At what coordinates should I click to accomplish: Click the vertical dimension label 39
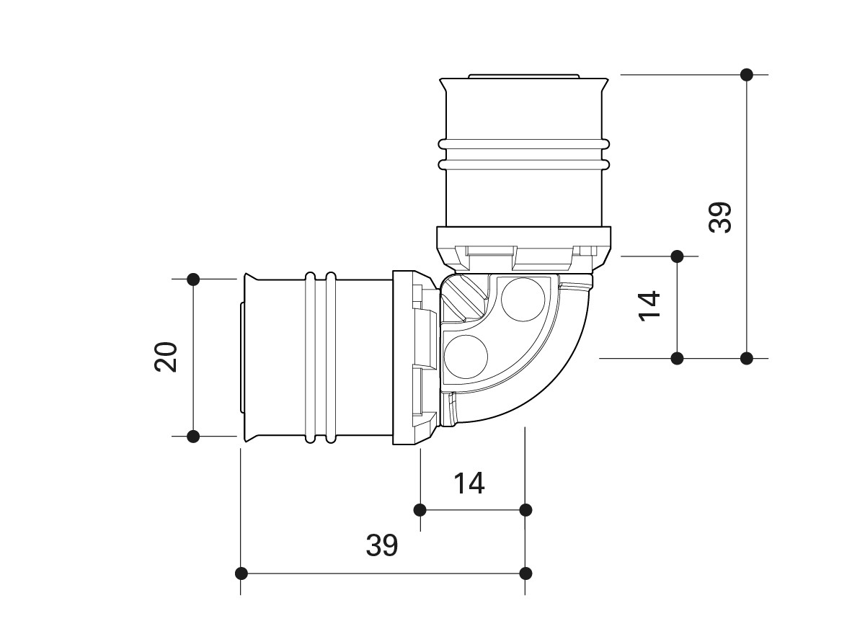pos(721,217)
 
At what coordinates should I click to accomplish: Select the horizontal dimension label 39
pos(381,545)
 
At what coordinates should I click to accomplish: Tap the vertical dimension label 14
pos(650,306)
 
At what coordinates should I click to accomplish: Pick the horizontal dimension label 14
pos(469,483)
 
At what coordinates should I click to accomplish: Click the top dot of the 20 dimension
pos(193,279)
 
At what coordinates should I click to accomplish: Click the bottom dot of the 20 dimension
pos(193,436)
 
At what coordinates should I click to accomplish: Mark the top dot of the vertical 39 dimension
pos(747,74)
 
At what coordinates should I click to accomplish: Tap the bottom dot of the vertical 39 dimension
pos(747,358)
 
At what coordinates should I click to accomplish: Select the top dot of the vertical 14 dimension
pos(677,256)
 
